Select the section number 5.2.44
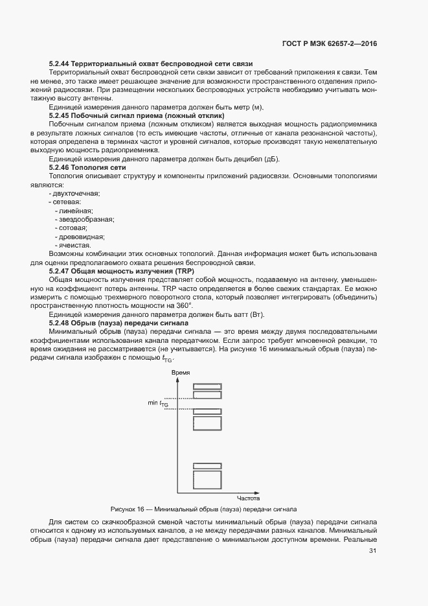tap(60, 64)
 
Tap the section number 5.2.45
tap(60, 114)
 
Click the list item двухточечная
tap(74, 193)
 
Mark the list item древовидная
tap(80, 237)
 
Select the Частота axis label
tap(247, 497)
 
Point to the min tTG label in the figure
tap(158, 403)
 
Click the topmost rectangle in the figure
tap(207, 386)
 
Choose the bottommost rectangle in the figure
tap(207, 480)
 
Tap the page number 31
tap(372, 551)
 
